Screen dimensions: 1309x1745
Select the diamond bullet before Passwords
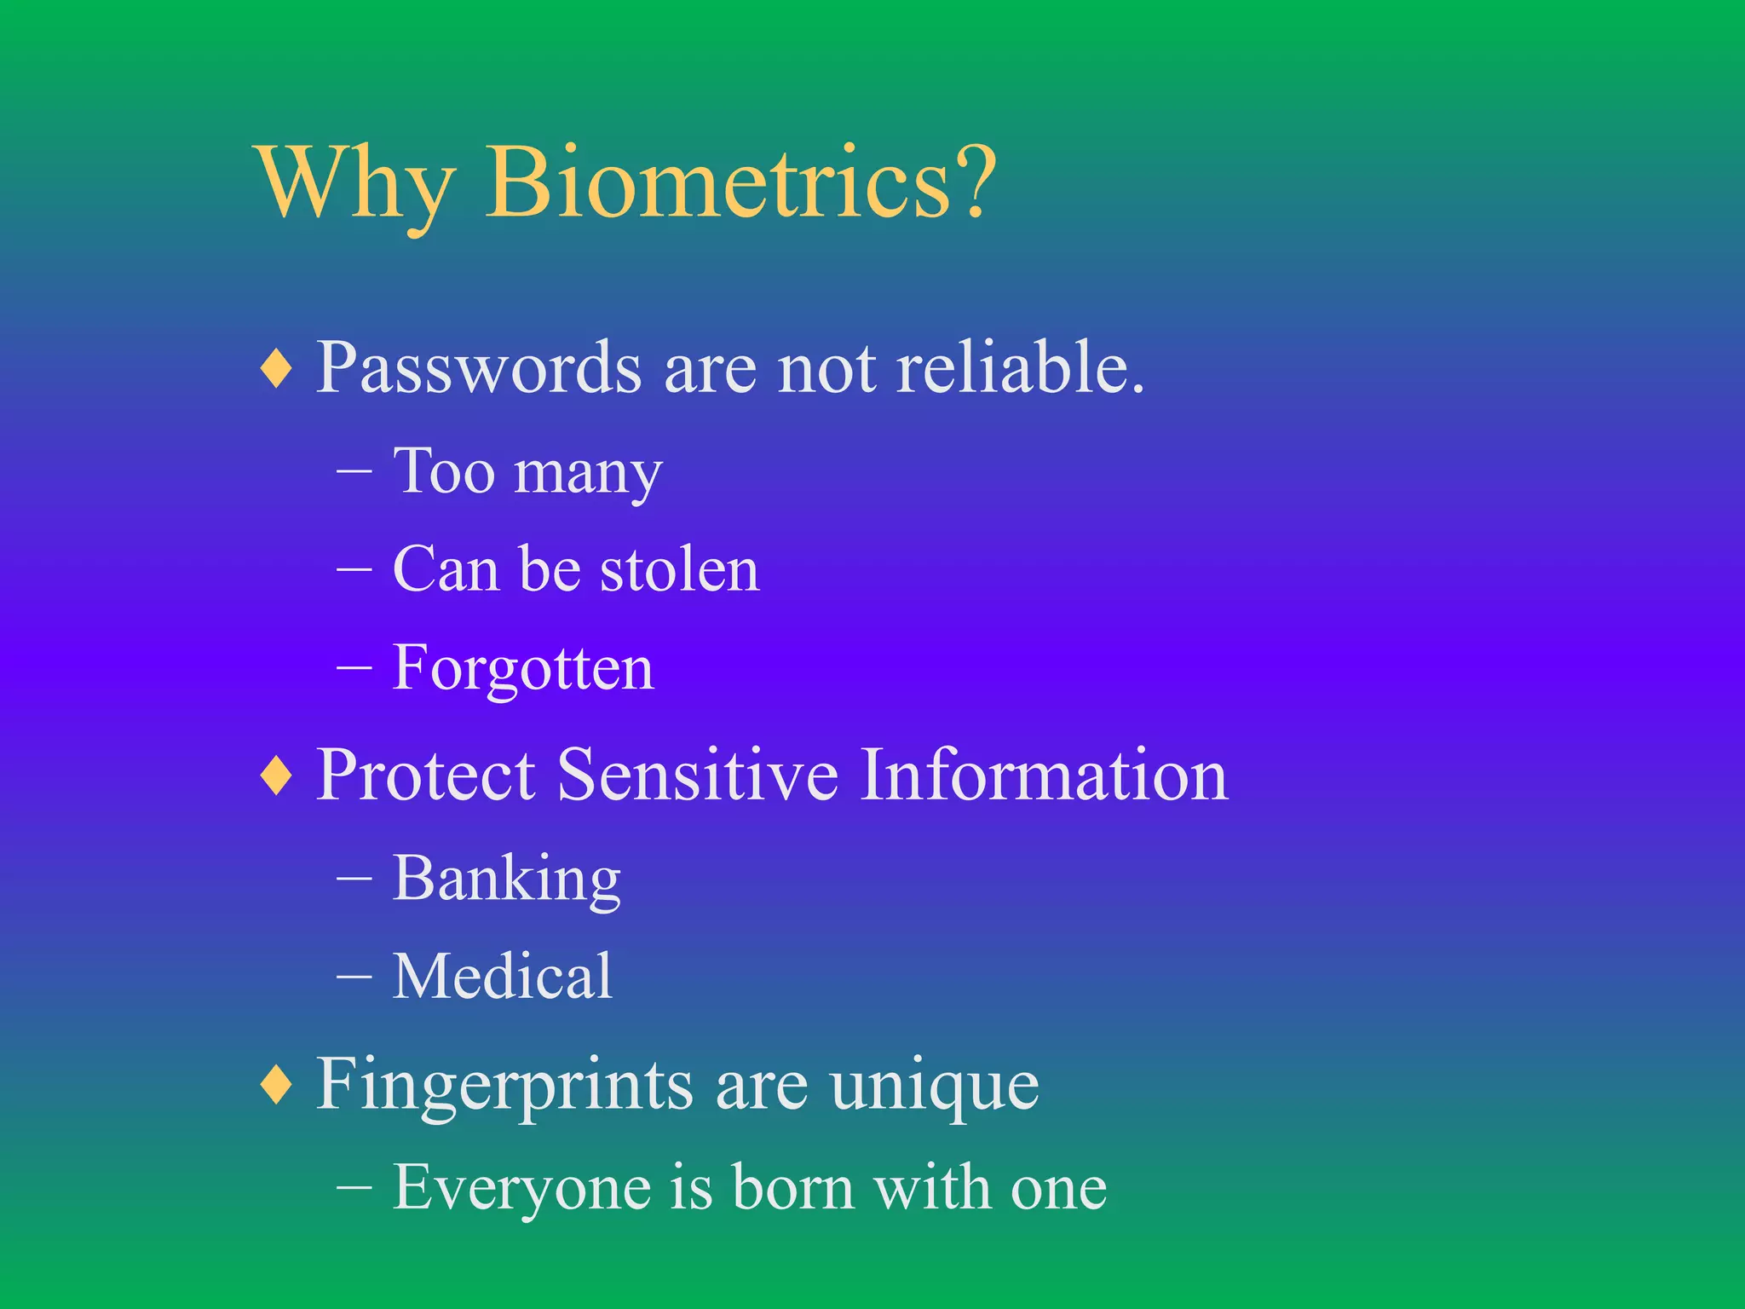pos(277,369)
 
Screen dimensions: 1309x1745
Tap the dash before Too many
pos(354,471)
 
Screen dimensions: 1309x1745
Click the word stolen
pos(679,569)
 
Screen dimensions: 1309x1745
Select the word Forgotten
pos(522,669)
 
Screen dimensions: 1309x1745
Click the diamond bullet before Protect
pos(277,776)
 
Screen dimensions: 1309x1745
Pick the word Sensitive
pos(697,775)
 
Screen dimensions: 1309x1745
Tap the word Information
pos(1043,775)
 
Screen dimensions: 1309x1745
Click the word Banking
pos(506,879)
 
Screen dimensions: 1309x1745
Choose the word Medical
pos(502,977)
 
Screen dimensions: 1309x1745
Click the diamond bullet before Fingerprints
pos(277,1084)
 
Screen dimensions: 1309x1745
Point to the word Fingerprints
pos(504,1086)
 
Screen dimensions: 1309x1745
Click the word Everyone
pos(521,1188)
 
